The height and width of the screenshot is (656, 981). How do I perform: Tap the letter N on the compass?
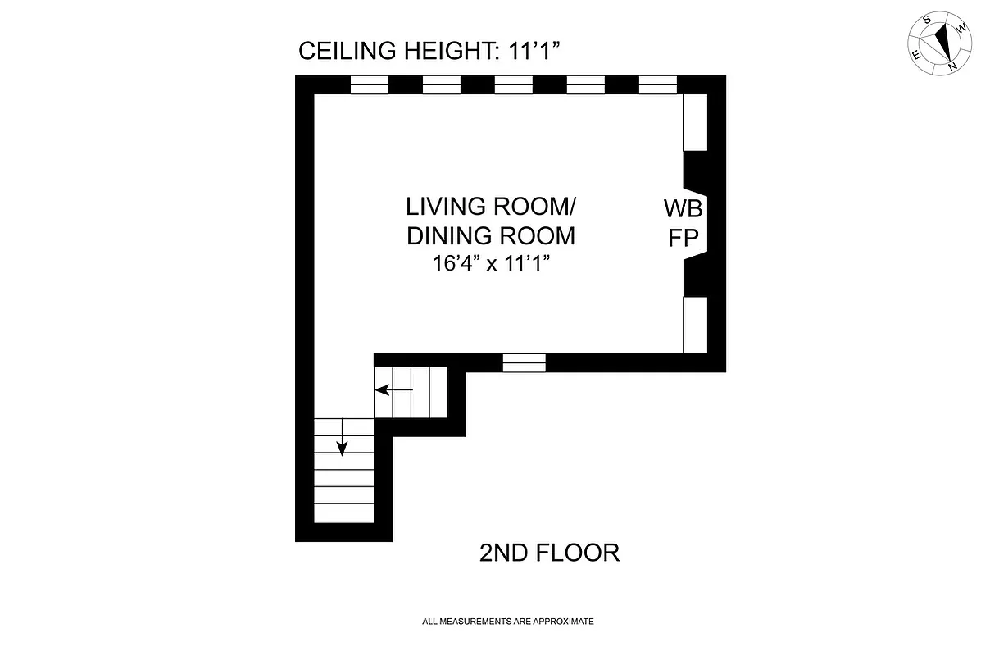[951, 65]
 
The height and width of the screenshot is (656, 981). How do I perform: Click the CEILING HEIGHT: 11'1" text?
[428, 52]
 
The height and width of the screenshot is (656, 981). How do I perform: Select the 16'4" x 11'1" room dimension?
[491, 264]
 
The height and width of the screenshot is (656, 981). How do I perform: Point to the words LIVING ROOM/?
[491, 205]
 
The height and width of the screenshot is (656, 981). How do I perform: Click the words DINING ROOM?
[491, 236]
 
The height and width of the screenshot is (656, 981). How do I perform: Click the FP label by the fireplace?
[683, 238]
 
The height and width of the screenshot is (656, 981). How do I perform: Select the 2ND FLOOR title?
[548, 553]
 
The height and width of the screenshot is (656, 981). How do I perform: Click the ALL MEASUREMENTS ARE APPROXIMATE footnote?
[507, 622]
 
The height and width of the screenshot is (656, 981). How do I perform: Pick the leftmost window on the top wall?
[369, 85]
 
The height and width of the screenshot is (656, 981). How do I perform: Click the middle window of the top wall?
[514, 85]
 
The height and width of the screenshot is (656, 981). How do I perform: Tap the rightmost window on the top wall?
[658, 85]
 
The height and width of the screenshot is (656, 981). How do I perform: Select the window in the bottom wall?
[525, 362]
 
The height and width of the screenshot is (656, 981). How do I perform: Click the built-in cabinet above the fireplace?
[695, 123]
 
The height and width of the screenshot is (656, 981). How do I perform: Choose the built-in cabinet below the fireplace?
[695, 325]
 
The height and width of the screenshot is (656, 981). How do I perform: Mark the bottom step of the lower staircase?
[343, 512]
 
